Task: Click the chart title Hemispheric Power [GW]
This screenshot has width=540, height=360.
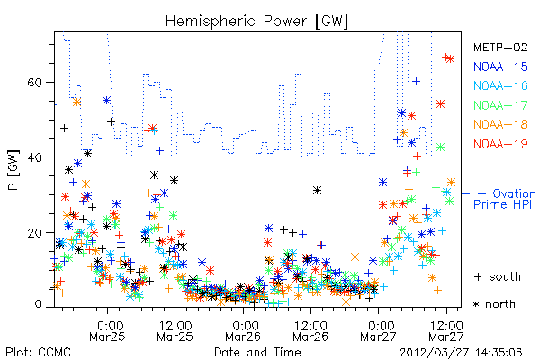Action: [x=256, y=21]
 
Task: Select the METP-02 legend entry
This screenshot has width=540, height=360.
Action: [x=500, y=47]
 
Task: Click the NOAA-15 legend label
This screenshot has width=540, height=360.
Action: [x=500, y=67]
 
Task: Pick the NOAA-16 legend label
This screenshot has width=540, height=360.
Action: [x=500, y=85]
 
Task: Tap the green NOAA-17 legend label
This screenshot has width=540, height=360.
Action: [x=500, y=105]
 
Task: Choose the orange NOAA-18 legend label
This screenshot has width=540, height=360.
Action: [x=500, y=124]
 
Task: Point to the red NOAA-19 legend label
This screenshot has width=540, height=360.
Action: [x=500, y=144]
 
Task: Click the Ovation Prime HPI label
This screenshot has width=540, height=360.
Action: [x=504, y=199]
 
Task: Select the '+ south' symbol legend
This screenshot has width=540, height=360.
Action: [x=498, y=276]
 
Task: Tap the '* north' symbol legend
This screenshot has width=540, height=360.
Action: [x=494, y=304]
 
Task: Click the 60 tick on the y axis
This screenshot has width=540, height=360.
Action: [x=34, y=82]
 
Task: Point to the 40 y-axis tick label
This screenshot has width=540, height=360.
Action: [x=34, y=157]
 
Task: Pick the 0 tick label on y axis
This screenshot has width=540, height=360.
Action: [x=38, y=304]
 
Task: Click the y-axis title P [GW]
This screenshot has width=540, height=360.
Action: [x=13, y=170]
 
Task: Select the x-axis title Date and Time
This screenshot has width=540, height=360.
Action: [x=257, y=352]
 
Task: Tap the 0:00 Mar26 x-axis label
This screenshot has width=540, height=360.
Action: [x=244, y=330]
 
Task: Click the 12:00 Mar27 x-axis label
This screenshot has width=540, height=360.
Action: [x=446, y=330]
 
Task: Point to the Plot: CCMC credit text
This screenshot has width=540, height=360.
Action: [x=38, y=352]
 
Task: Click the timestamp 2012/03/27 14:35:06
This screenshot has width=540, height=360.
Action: [x=461, y=353]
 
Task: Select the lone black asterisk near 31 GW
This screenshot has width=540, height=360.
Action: [x=317, y=190]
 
